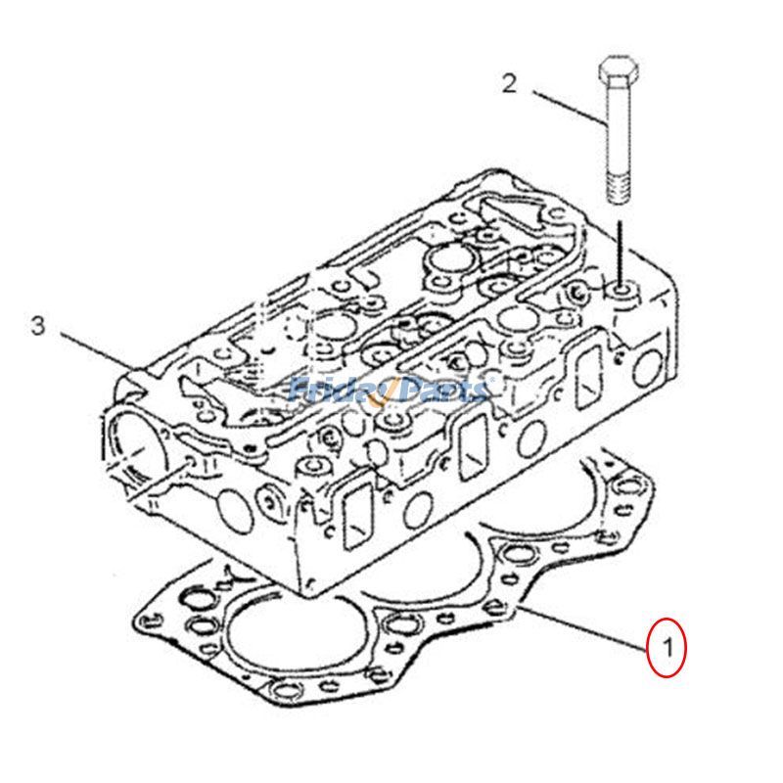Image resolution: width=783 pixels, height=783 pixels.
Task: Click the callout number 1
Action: pos(667,647)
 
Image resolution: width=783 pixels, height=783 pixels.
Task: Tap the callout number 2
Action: pos(508,82)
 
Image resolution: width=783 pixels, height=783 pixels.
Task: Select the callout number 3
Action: pos(37,325)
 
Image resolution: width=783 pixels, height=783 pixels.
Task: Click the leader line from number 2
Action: pos(569,108)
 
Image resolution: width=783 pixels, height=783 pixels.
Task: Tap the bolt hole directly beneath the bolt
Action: pos(622,291)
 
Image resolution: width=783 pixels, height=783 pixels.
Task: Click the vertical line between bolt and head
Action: pos(619,250)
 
